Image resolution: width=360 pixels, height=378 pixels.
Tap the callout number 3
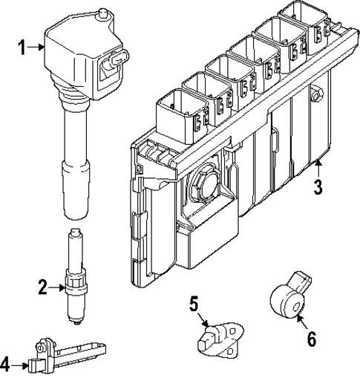(x=318, y=186)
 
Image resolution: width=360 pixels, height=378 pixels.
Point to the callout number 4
(x=7, y=364)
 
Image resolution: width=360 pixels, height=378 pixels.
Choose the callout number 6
(x=311, y=339)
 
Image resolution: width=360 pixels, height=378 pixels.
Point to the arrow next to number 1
(x=37, y=47)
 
